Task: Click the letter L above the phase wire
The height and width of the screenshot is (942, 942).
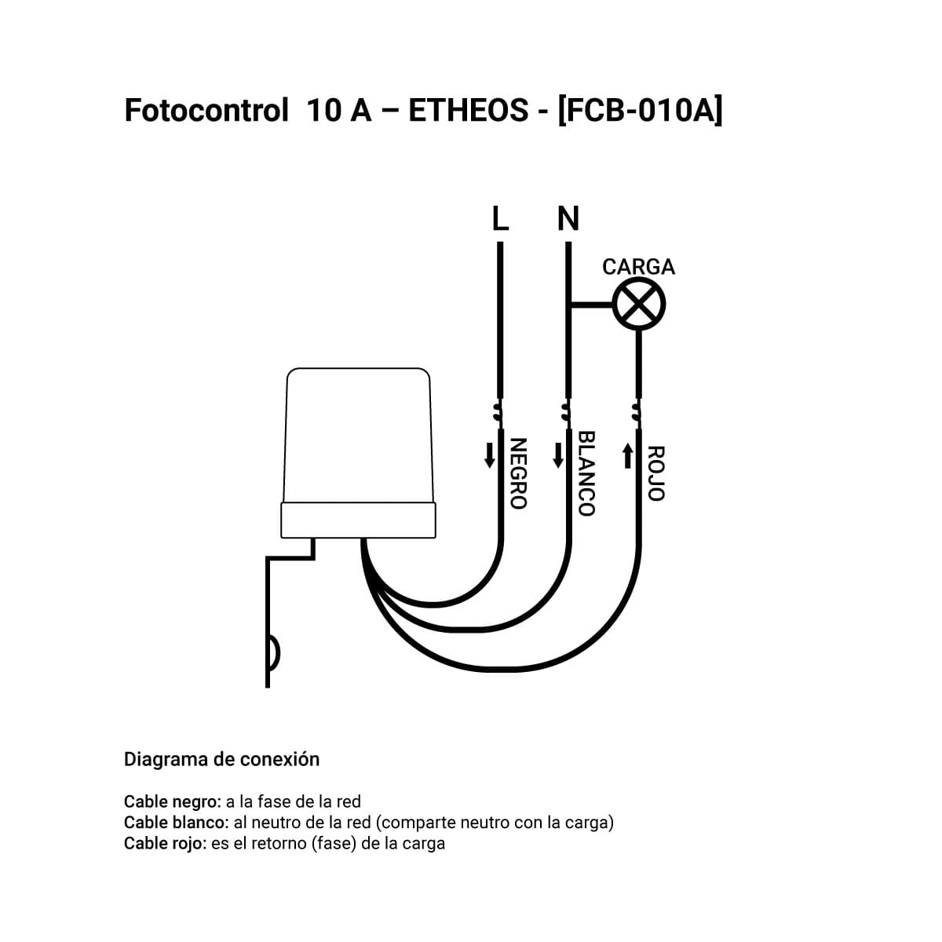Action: coord(500,218)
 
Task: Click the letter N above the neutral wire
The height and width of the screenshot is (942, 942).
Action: coord(568,218)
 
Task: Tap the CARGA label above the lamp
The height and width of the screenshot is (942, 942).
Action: coord(638,267)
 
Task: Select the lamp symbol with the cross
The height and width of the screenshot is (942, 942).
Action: coord(638,304)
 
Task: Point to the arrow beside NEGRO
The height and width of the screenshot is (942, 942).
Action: coord(489,455)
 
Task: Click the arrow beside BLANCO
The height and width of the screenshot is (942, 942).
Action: coord(558,455)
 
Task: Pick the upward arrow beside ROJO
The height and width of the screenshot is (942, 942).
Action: coord(628,455)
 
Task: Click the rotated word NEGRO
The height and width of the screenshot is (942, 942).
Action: coord(518,473)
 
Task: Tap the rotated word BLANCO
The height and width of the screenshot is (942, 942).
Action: coord(586,473)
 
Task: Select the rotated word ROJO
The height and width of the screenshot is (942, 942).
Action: coord(656,473)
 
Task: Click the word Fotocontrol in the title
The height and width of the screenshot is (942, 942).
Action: coord(206,110)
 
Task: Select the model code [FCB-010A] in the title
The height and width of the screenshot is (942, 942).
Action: coord(640,111)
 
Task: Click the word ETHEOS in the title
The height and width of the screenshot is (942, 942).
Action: coord(469,110)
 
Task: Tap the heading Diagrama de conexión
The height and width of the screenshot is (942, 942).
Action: coord(221,759)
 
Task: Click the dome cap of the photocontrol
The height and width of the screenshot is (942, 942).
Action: coord(358,435)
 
